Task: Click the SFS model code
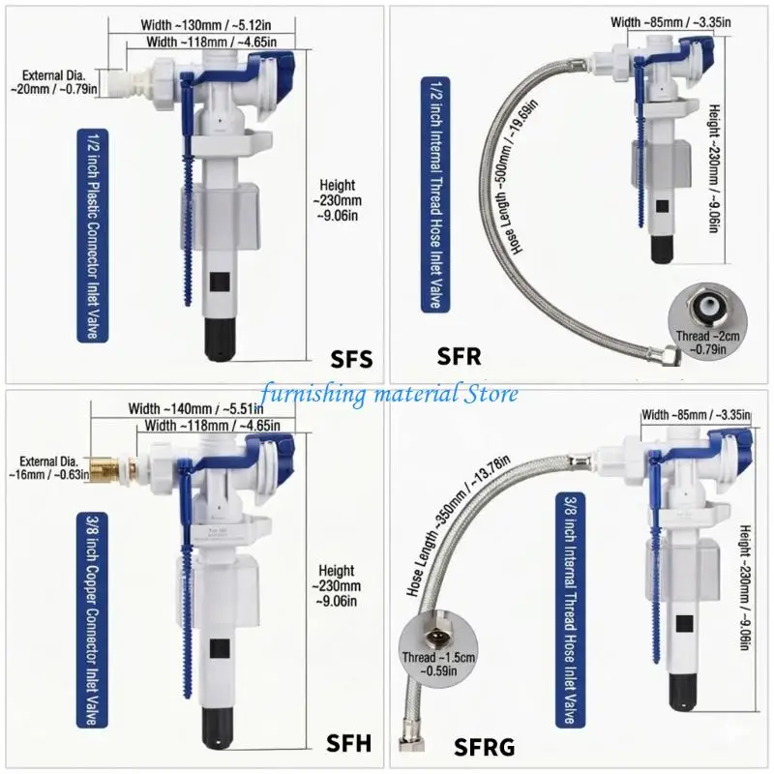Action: [351, 359]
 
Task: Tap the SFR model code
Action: [459, 356]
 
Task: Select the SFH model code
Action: [348, 743]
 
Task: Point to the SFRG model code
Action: [484, 747]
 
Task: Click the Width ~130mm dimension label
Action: [206, 25]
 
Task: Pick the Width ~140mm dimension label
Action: [195, 408]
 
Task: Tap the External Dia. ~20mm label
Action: [54, 82]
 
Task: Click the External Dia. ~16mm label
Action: [49, 468]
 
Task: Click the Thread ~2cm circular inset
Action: [707, 321]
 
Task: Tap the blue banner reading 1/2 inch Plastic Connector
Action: [92, 235]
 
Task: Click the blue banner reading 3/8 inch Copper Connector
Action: [92, 619]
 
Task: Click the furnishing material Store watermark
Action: [390, 394]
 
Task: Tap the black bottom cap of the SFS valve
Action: [221, 340]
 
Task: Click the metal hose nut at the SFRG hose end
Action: [408, 744]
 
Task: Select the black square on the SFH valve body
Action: [220, 648]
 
